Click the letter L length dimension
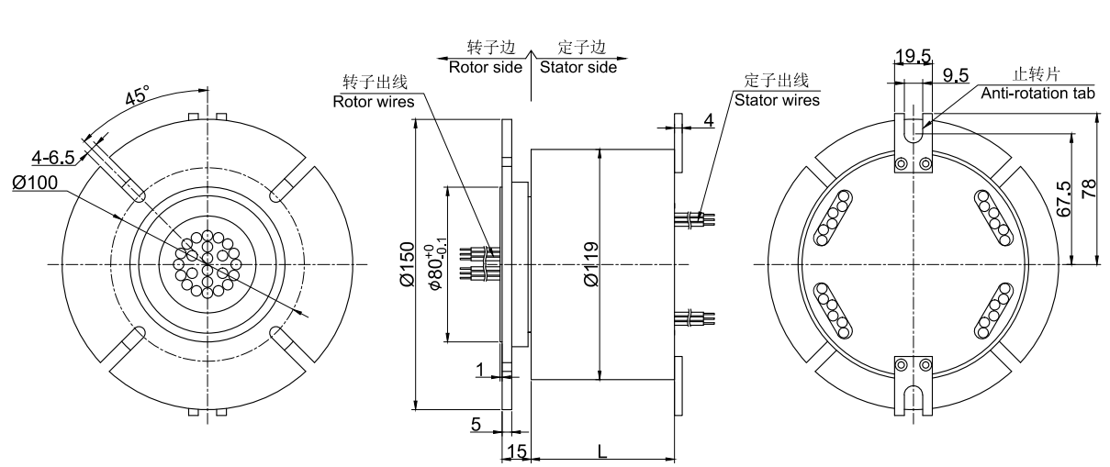click(x=601, y=451)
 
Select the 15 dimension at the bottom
click(x=516, y=451)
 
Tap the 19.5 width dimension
click(x=913, y=57)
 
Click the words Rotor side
click(x=485, y=67)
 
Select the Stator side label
click(x=577, y=67)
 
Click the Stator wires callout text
click(x=777, y=98)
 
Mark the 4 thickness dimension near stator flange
click(x=709, y=121)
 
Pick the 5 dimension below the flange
click(x=476, y=424)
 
